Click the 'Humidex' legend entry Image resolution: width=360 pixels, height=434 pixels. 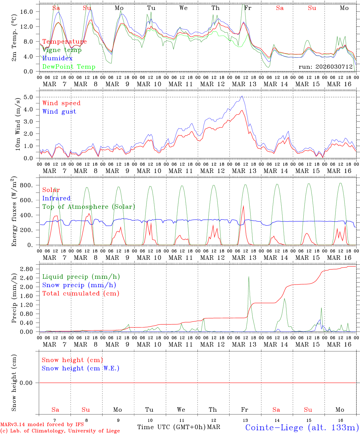57,58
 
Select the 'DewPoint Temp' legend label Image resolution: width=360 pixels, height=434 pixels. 69,67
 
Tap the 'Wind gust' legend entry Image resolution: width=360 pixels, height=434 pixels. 59,112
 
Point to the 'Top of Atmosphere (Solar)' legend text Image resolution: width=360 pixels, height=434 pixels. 88,207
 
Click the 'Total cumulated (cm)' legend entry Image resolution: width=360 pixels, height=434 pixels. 81,294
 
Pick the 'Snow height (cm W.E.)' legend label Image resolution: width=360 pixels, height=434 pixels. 80,368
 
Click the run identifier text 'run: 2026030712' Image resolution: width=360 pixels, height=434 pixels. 325,67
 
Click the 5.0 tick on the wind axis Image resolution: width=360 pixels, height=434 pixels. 30,97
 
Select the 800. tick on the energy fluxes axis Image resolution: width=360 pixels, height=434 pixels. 26,185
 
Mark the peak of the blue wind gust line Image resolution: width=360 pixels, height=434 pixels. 242,96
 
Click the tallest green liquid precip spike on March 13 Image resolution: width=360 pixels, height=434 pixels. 249,277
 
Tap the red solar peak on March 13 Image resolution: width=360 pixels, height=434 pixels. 243,206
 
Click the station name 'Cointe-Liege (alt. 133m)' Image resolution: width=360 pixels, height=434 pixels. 302,427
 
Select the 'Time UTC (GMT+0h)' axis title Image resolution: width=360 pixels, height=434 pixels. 171,427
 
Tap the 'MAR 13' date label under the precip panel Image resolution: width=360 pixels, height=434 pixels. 244,344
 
